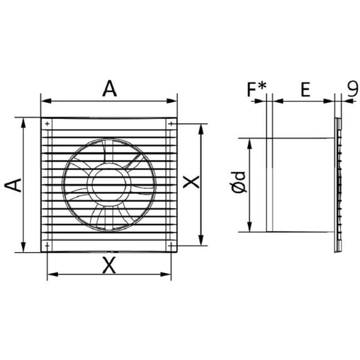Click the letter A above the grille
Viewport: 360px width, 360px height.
pyautogui.click(x=109, y=89)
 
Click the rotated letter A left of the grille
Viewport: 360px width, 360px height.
pyautogui.click(x=13, y=185)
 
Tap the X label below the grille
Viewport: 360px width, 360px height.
pyautogui.click(x=109, y=265)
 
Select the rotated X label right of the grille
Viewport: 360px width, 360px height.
pyautogui.click(x=191, y=182)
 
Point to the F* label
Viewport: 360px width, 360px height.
pyautogui.click(x=257, y=89)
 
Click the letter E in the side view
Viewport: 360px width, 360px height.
pyautogui.click(x=306, y=89)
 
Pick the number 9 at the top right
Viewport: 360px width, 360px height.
pyautogui.click(x=352, y=88)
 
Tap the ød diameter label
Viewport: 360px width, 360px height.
pyautogui.click(x=239, y=182)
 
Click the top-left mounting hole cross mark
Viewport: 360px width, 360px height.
pyautogui.click(x=47, y=124)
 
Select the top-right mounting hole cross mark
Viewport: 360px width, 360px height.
pyautogui.click(x=171, y=124)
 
